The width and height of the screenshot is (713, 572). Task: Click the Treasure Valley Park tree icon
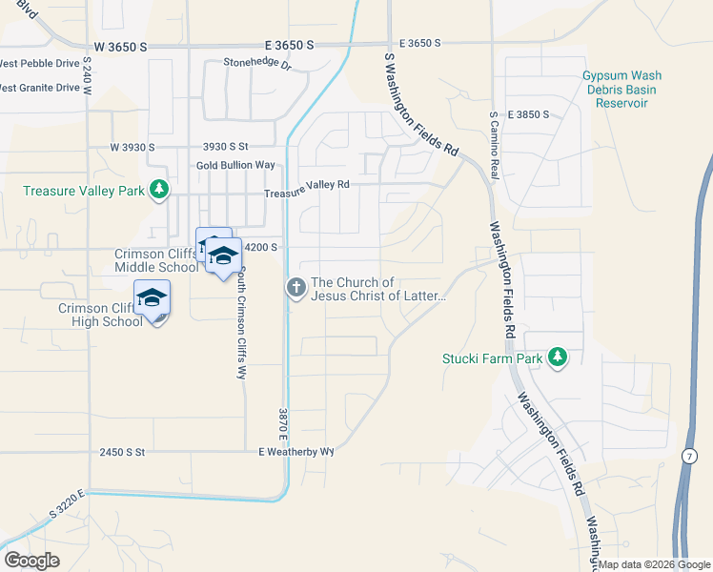point(159,191)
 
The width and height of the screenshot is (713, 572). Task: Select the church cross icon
point(296,286)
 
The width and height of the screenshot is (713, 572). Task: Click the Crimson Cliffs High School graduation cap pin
point(152,299)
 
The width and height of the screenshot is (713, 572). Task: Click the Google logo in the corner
point(31,561)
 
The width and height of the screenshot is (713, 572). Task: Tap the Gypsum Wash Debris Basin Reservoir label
point(621,89)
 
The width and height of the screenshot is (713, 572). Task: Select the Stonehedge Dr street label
point(256,63)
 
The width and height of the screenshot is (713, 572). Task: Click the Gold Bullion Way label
point(235,165)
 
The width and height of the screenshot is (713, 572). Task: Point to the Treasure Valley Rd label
point(307,185)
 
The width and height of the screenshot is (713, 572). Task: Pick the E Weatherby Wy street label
point(296,452)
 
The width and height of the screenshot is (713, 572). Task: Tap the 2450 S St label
point(121,452)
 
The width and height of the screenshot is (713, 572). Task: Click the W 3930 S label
point(132,147)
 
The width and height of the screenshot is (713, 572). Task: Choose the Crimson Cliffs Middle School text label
point(156,260)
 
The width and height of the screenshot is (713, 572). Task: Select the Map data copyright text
point(654,564)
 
